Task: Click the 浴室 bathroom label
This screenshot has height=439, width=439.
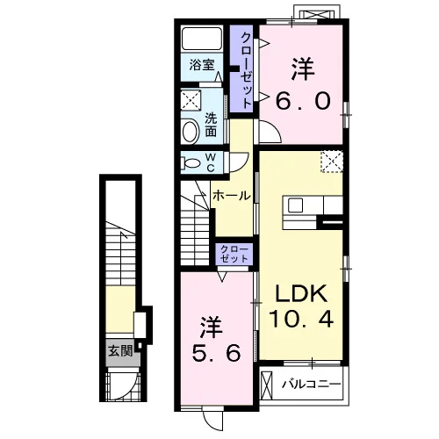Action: click(202, 65)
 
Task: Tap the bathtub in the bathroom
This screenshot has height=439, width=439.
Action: click(202, 39)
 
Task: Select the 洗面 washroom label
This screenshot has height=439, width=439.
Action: click(211, 125)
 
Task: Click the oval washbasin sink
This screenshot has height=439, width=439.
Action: click(190, 132)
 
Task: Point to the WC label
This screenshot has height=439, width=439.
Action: click(211, 162)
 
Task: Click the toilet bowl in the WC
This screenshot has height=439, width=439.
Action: click(190, 162)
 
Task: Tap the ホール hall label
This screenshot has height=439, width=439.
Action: click(232, 196)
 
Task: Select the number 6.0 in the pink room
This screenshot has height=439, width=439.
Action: click(303, 101)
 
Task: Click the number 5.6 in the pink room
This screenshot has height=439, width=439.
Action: click(217, 352)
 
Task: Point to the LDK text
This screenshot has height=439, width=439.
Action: click(301, 293)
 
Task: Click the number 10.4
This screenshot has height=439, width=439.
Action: click(301, 319)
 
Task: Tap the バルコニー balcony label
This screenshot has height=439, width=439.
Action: click(312, 384)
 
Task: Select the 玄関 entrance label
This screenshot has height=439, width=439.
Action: click(120, 351)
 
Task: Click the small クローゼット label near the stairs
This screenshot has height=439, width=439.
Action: click(234, 254)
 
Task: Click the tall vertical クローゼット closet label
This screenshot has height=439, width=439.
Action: click(246, 70)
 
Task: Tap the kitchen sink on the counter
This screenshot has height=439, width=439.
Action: click(295, 205)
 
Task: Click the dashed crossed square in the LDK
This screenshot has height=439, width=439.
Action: click(332, 162)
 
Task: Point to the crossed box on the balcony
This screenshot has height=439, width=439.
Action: click(266, 385)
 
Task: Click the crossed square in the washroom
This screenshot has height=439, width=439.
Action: click(191, 100)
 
